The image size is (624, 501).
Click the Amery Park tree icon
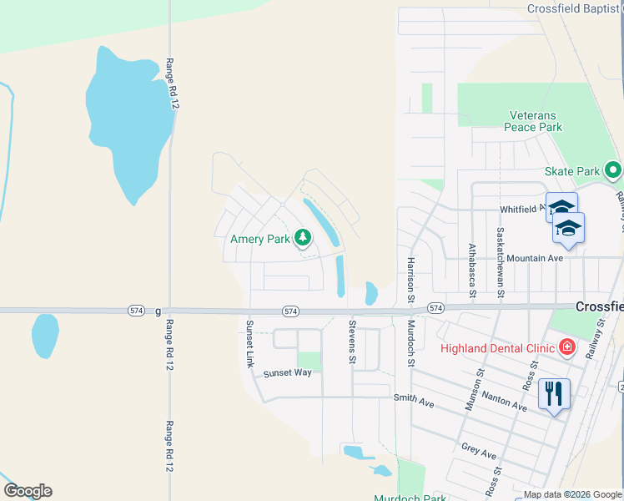click(302, 239)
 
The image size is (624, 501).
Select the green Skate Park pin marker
click(613, 171)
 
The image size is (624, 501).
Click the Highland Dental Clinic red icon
click(567, 346)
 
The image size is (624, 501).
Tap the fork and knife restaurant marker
click(555, 392)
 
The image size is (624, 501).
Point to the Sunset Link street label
click(249, 342)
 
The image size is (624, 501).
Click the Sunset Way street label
click(287, 372)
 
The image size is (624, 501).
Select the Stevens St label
click(352, 342)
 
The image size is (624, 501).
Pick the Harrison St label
click(410, 278)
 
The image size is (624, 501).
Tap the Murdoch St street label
click(410, 342)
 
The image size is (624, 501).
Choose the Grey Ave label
click(479, 452)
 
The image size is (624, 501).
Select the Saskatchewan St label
click(500, 261)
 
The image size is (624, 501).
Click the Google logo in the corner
click(28, 491)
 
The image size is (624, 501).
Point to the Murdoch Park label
click(410, 498)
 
